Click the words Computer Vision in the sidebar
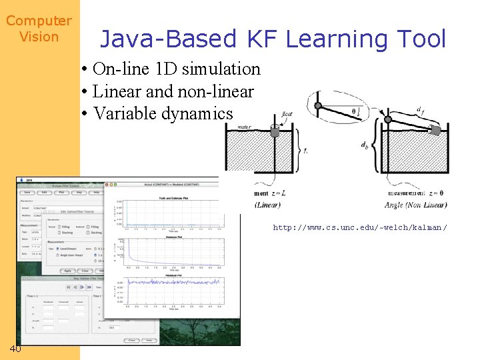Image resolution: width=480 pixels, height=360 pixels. coord(39,29)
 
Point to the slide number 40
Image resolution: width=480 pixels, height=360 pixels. coord(16,349)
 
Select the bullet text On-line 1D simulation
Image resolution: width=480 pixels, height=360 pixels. coord(177,69)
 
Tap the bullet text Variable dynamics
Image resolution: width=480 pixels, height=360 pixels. coord(163,113)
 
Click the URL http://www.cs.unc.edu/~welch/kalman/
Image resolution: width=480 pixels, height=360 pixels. coord(359,228)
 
